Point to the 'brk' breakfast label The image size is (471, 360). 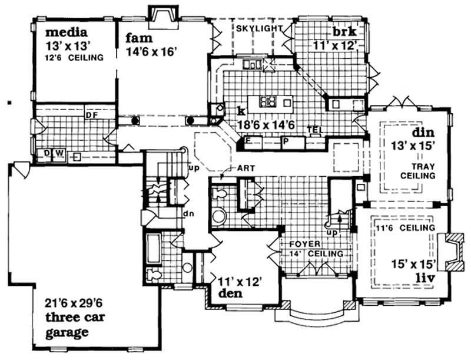tap(342, 32)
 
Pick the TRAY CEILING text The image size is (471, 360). tap(417, 171)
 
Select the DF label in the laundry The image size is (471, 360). tap(92, 115)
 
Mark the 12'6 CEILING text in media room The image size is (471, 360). tap(74, 57)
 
